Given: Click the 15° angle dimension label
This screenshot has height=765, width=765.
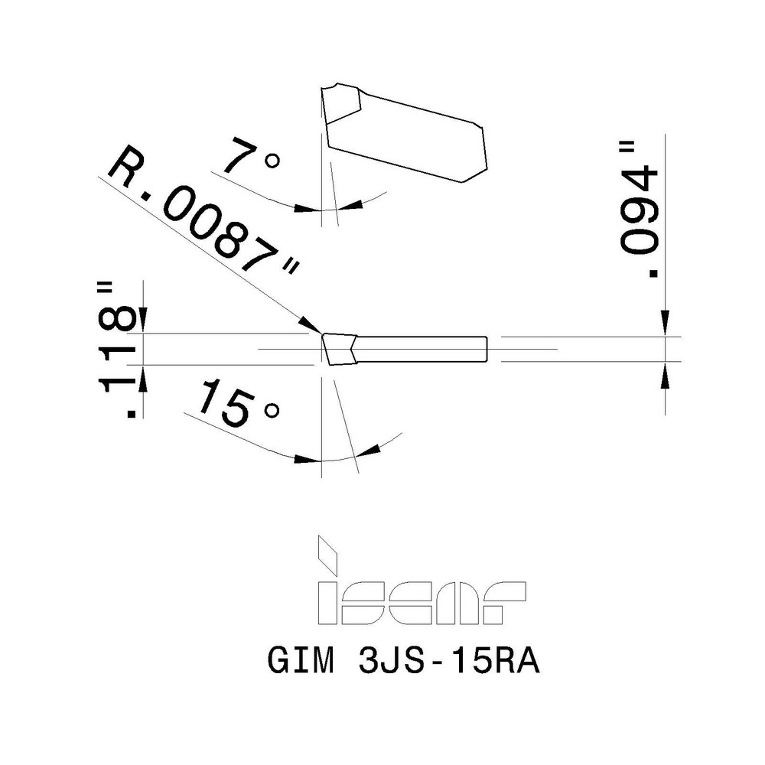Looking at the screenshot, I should [x=233, y=405].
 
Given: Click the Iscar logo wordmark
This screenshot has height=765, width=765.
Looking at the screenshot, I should [x=422, y=604].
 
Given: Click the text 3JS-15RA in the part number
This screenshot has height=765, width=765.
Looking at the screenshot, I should [x=448, y=662].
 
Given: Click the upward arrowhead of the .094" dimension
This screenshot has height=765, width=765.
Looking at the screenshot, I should [x=666, y=373].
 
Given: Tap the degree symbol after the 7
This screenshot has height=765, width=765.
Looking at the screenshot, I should [x=272, y=161].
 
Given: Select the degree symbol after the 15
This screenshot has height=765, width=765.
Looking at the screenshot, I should [x=270, y=412].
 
